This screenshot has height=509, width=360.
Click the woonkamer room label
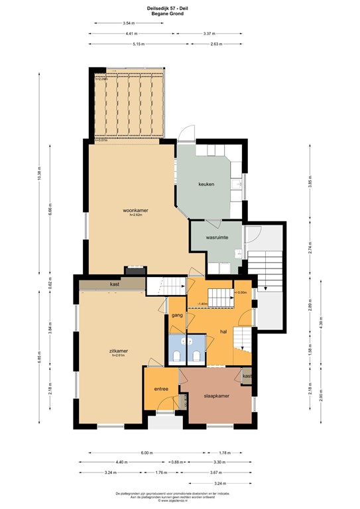point(135,211)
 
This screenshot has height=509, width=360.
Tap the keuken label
point(206,184)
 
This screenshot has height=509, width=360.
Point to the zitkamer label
point(119,351)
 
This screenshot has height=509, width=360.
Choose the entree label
point(161,388)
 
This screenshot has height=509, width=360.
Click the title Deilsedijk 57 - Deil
point(180,8)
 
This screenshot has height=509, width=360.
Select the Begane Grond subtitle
point(180,13)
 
